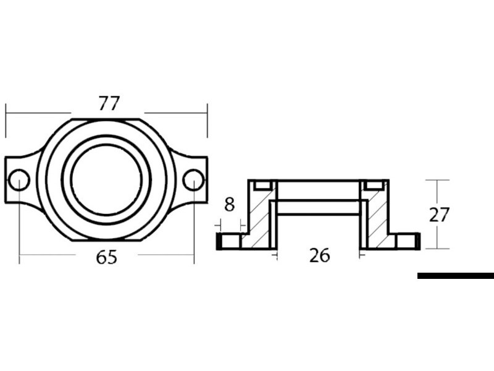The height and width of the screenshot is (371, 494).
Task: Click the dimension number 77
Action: point(109,103)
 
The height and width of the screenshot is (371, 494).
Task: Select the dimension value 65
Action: point(106,258)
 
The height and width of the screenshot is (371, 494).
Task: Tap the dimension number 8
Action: point(229,205)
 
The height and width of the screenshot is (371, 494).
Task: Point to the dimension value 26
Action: point(319,255)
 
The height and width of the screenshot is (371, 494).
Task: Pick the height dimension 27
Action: point(439,215)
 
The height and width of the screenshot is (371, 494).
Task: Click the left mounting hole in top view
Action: point(19,180)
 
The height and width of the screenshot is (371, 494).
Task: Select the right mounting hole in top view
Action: point(193,180)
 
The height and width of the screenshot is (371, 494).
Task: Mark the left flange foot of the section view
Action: point(229,241)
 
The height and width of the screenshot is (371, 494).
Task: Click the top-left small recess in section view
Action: point(262,185)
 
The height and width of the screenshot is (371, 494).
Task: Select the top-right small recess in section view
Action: point(374,185)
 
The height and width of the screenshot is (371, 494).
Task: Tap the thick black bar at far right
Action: point(456,276)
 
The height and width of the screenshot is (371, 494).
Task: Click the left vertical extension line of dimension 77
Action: point(6,121)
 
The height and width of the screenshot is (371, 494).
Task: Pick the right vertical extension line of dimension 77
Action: point(207,121)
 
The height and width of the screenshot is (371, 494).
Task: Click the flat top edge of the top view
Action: point(106,119)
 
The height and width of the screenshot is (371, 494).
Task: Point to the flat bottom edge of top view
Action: point(106,241)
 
